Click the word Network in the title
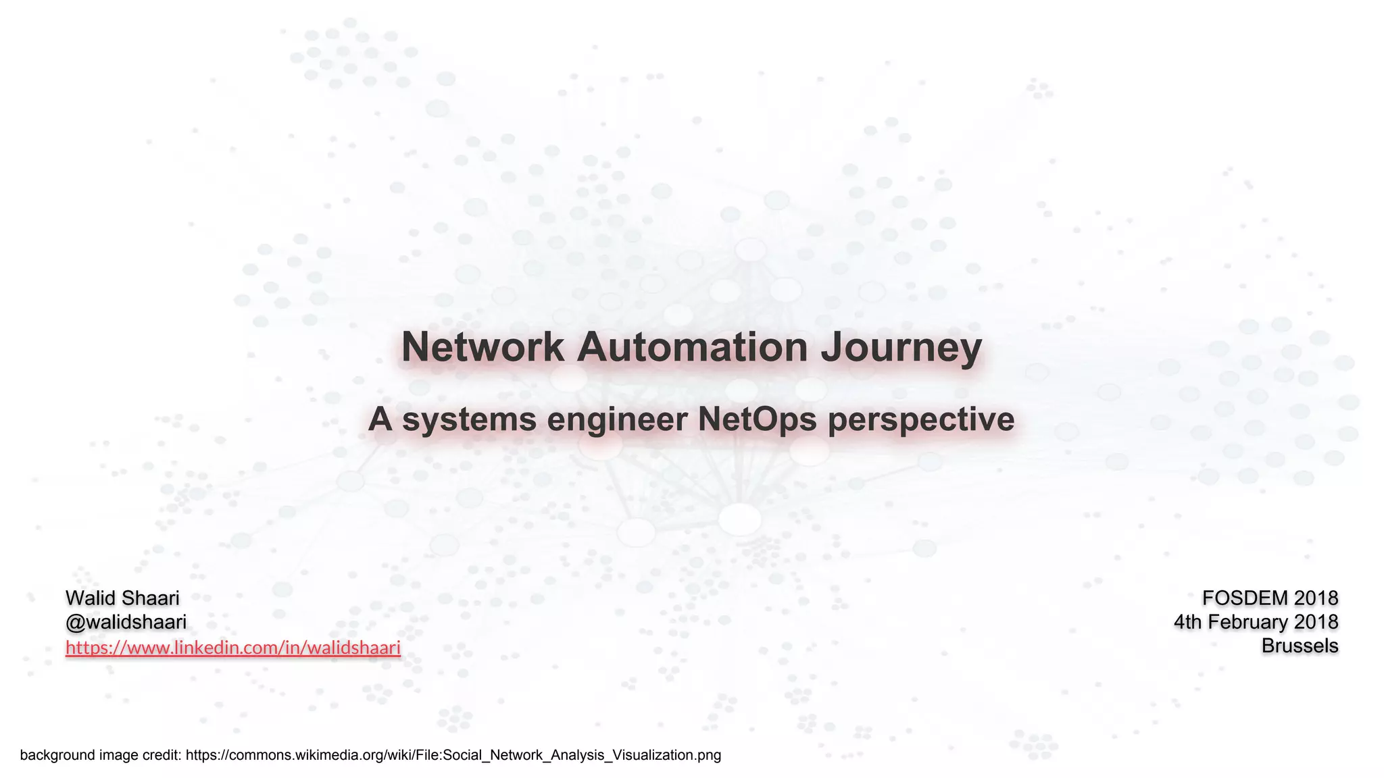(483, 347)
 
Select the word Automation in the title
(692, 347)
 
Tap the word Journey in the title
(901, 348)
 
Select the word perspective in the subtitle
(921, 420)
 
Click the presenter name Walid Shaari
(122, 598)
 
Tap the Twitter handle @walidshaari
(126, 622)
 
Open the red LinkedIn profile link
(233, 648)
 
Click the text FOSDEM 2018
(1270, 598)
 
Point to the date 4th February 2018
(1256, 622)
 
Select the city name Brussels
(1300, 646)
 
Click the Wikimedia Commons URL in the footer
(453, 755)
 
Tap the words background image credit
(101, 755)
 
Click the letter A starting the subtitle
(380, 419)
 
